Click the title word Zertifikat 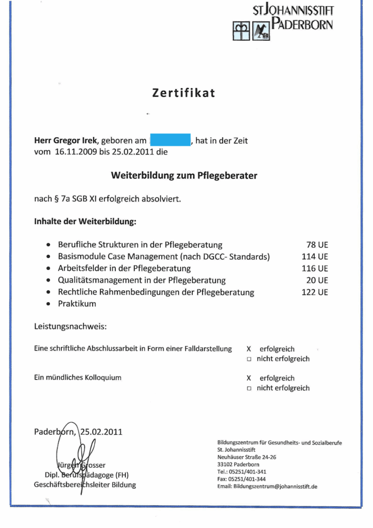183,93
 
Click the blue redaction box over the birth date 171,140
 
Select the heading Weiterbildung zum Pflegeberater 184,175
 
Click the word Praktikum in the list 77,304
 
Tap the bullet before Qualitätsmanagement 48,280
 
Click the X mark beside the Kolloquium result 249,378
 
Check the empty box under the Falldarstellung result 249,359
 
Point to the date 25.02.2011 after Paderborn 101,432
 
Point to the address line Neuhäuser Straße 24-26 247,457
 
